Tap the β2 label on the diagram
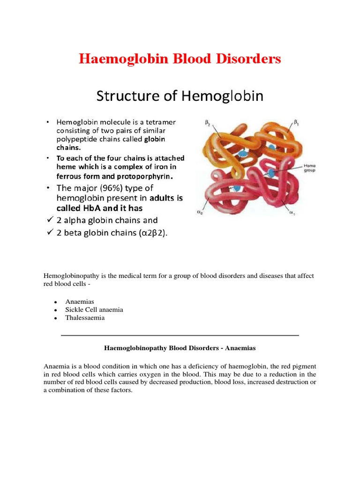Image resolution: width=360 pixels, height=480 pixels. (208, 122)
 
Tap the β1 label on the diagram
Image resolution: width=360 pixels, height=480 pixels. (296, 122)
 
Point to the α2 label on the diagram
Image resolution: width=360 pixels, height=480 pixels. (200, 212)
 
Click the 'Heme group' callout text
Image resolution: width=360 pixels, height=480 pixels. (310, 168)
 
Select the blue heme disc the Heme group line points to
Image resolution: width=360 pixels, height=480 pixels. (271, 173)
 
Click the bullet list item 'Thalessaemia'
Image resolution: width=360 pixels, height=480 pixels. (85, 317)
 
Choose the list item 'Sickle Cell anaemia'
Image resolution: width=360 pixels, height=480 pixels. (94, 309)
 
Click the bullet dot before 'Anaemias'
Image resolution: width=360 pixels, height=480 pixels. (55, 302)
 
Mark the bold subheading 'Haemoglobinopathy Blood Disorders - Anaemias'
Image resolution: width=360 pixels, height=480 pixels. (180, 348)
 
